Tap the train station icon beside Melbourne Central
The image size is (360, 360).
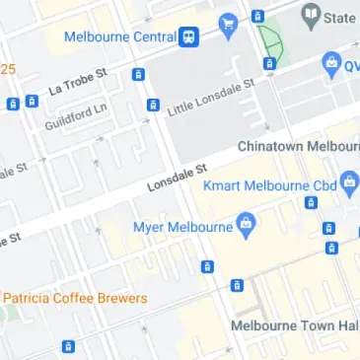pos(187,36)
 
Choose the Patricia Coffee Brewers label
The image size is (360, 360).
pos(75,298)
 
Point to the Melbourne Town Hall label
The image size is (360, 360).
pos(294,324)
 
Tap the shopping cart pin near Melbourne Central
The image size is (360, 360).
pos(229,24)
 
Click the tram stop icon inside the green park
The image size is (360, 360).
pos(269,64)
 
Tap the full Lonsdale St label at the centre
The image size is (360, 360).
pos(179,179)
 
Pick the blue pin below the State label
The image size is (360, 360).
pos(332,65)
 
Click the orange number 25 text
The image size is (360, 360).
pos(8,69)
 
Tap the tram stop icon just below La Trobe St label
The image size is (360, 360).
pos(138,74)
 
